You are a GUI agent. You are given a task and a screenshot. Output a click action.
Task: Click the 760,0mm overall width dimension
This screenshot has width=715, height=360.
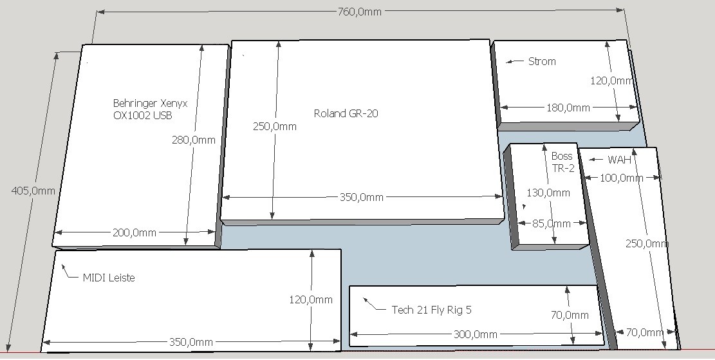coord(359,12)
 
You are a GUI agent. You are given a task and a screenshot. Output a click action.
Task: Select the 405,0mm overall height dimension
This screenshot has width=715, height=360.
coord(33,190)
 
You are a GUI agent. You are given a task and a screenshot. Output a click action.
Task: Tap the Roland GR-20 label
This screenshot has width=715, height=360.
coord(346,113)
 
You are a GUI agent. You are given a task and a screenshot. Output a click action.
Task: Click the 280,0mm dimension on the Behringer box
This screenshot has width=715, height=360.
coord(193,140)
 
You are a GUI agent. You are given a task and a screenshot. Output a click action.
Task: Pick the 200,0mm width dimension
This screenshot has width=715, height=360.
coord(134,232)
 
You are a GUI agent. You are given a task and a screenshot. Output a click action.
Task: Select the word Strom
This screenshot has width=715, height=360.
coord(542,61)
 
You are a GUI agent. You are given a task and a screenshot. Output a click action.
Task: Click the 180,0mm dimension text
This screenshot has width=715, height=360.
coord(568,108)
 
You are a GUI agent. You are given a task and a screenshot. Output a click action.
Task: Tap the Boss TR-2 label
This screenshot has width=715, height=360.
coord(562,162)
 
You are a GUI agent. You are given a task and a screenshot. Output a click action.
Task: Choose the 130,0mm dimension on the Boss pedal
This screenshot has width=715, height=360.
coord(548,193)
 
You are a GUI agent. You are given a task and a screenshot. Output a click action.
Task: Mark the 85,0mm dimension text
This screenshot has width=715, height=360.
coord(552,223)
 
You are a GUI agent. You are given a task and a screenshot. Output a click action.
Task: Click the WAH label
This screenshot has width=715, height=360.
coord(619,160)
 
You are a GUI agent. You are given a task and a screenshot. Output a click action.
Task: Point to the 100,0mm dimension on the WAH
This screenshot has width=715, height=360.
coord(621,178)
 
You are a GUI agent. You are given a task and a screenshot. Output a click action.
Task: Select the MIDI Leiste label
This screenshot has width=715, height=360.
coord(109,278)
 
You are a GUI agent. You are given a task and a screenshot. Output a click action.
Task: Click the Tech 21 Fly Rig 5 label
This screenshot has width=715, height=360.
coord(431,310)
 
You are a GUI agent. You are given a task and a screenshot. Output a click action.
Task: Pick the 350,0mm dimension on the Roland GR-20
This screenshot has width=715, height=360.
coord(362,197)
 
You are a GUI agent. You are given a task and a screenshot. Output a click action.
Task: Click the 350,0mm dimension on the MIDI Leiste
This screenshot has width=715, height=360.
coord(190,342)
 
